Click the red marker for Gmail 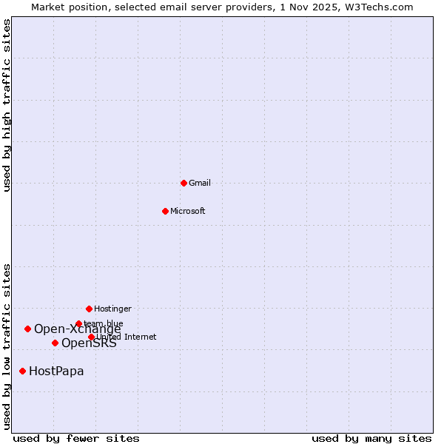[x=184, y=183]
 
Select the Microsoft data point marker [x=165, y=211]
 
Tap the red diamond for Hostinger [x=89, y=309]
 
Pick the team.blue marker [x=78, y=323]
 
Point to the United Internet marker [x=91, y=337]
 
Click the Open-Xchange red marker [x=27, y=329]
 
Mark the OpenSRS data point [x=55, y=343]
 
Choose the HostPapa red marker [x=22, y=371]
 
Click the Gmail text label [x=200, y=183]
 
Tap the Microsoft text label [x=188, y=211]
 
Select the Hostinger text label [x=112, y=309]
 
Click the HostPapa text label [x=56, y=371]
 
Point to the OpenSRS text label [x=89, y=343]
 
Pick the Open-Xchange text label [x=77, y=329]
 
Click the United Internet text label [x=127, y=337]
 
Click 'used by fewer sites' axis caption [x=76, y=438]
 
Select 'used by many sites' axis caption [x=371, y=438]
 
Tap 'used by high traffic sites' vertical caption [x=7, y=105]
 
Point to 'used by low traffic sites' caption [x=7, y=346]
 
